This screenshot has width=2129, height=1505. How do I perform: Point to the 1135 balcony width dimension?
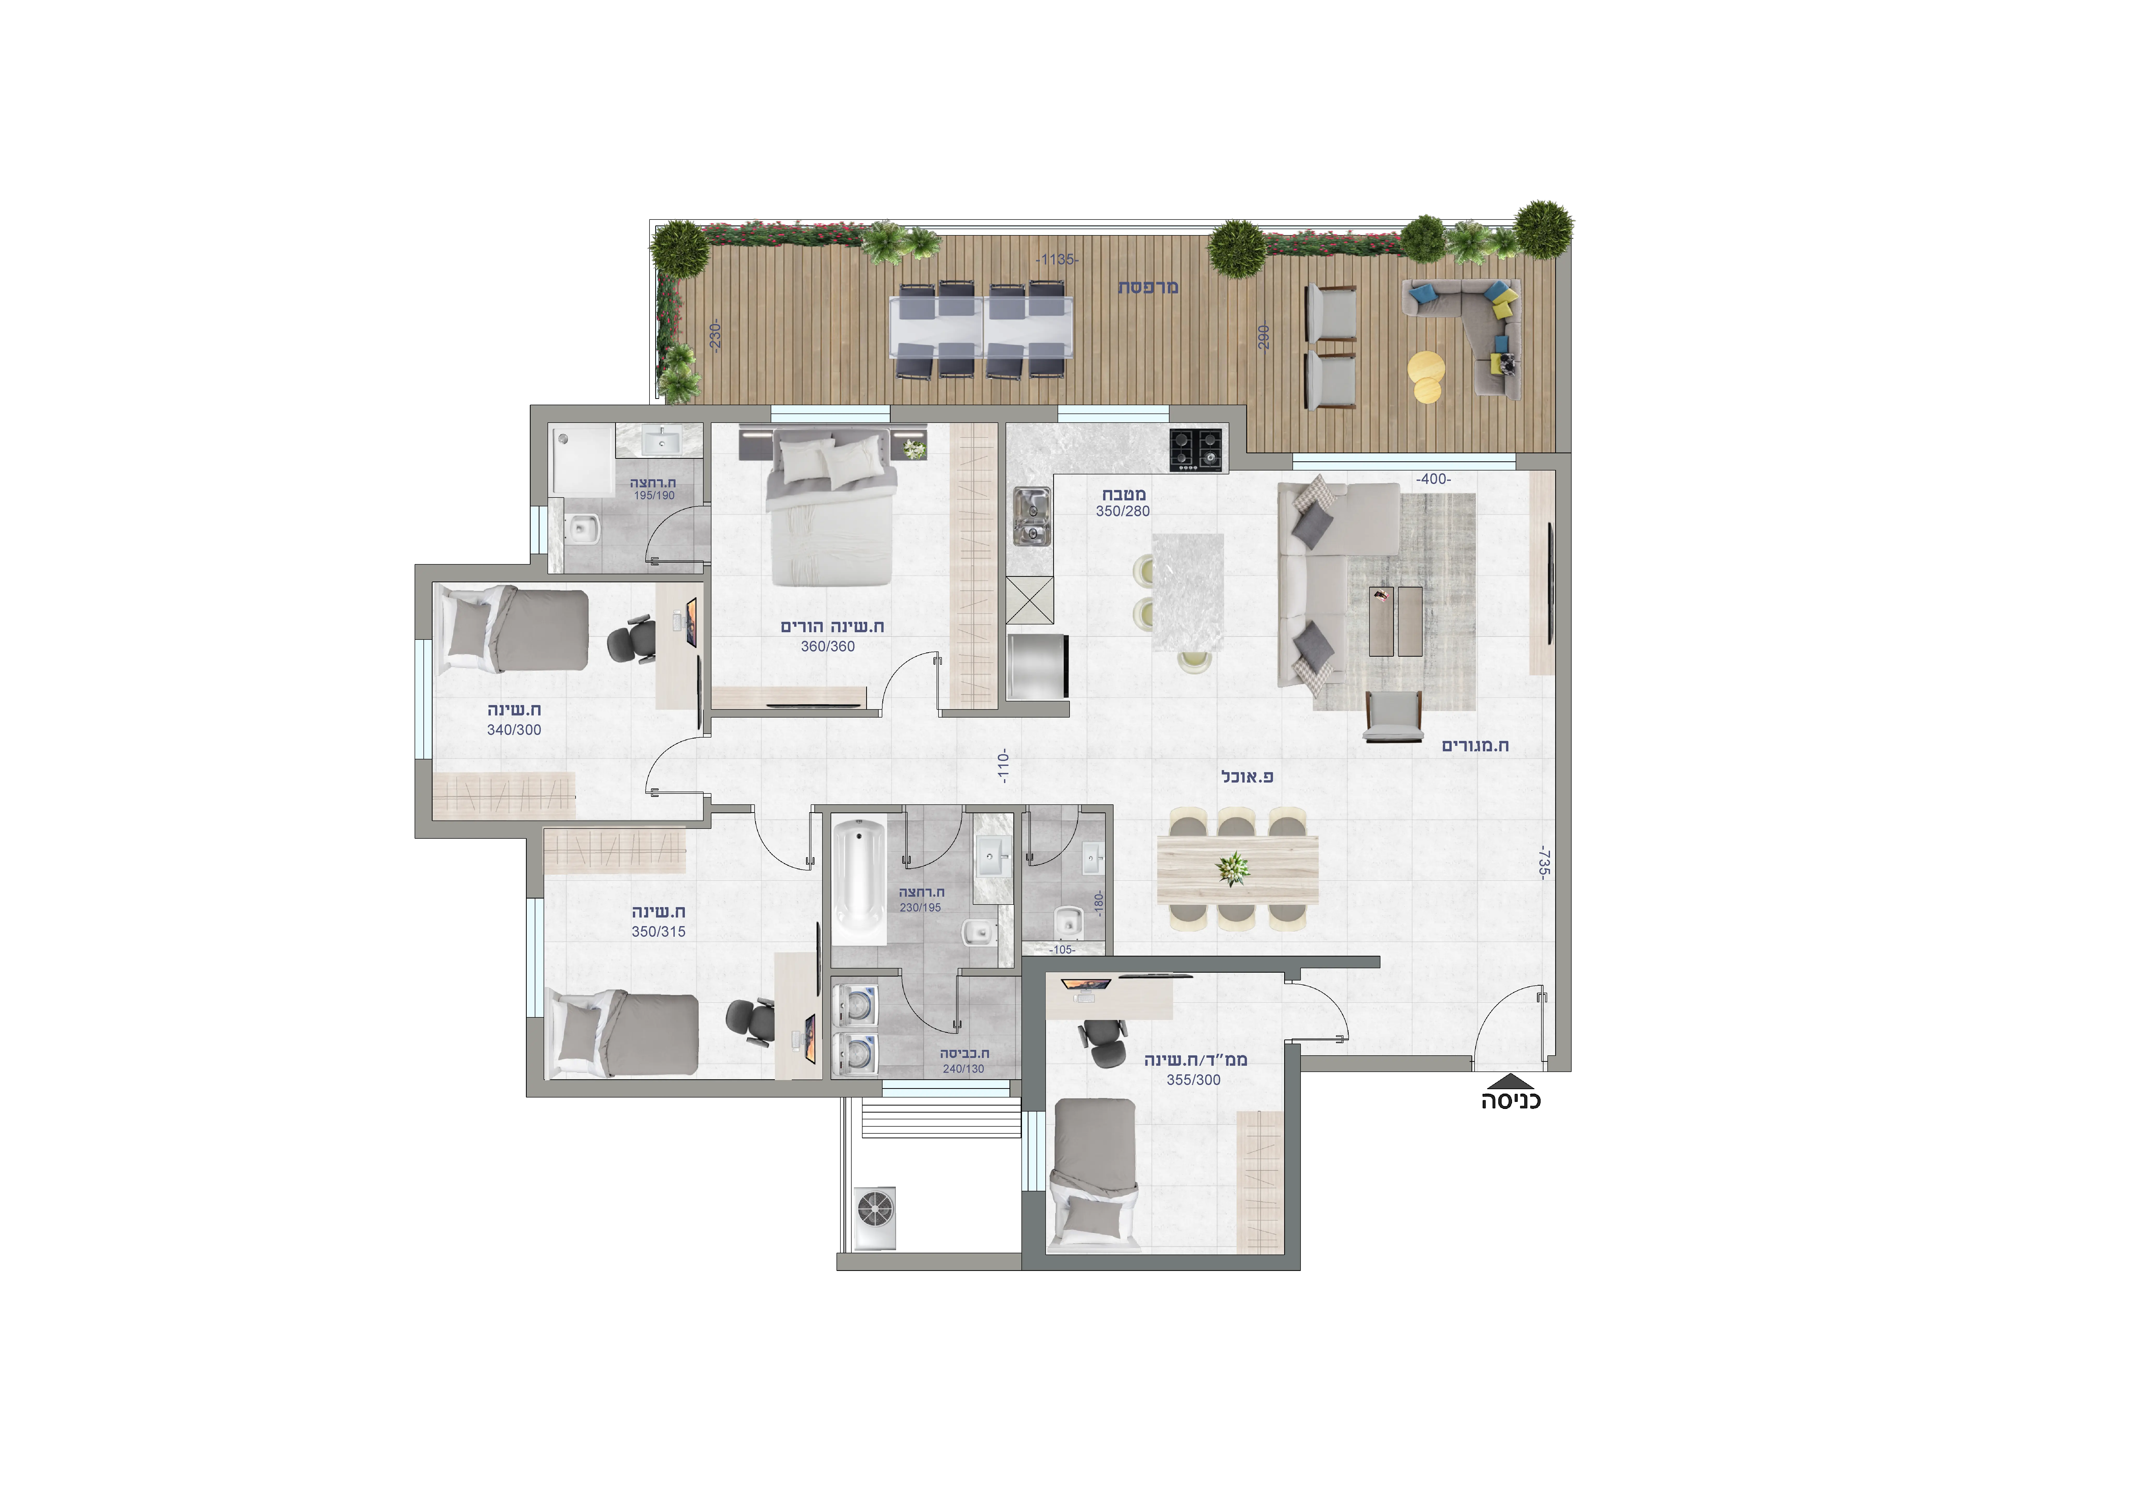click(1057, 260)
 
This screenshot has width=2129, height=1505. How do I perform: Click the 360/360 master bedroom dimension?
click(828, 646)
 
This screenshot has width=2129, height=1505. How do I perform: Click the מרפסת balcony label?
click(1148, 287)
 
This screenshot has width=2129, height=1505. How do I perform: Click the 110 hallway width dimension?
click(1002, 767)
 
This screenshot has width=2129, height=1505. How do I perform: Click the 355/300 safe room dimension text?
click(1193, 1079)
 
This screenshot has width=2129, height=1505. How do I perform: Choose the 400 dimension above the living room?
click(1433, 479)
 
